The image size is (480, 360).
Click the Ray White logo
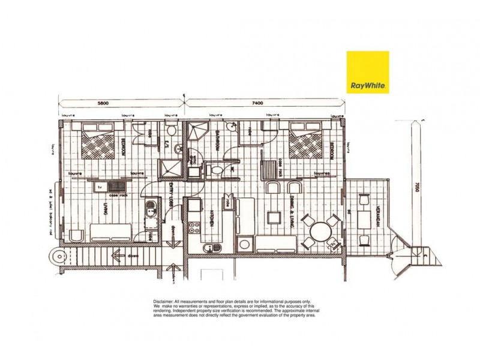coord(368,73)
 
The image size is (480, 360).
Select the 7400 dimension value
coord(258,103)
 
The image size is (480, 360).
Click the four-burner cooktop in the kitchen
coord(194,227)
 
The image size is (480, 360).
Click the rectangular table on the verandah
coord(363,215)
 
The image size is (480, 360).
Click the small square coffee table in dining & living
coord(274,217)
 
